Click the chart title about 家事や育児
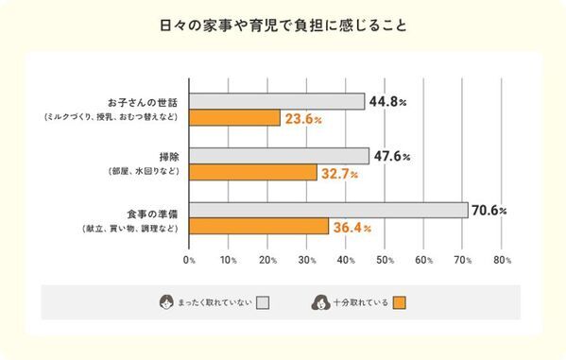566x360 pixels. coord(283,26)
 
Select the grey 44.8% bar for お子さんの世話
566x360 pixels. coord(277,101)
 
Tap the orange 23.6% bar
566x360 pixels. coord(234,118)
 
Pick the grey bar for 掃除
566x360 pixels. coord(279,156)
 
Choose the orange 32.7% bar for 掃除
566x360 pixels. coord(252,173)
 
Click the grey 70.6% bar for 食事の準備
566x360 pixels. coord(328,210)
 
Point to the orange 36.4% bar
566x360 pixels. coord(259,227)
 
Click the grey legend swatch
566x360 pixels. coord(264,302)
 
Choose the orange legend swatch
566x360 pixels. coord(399,302)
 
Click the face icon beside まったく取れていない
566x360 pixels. coord(166,302)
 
